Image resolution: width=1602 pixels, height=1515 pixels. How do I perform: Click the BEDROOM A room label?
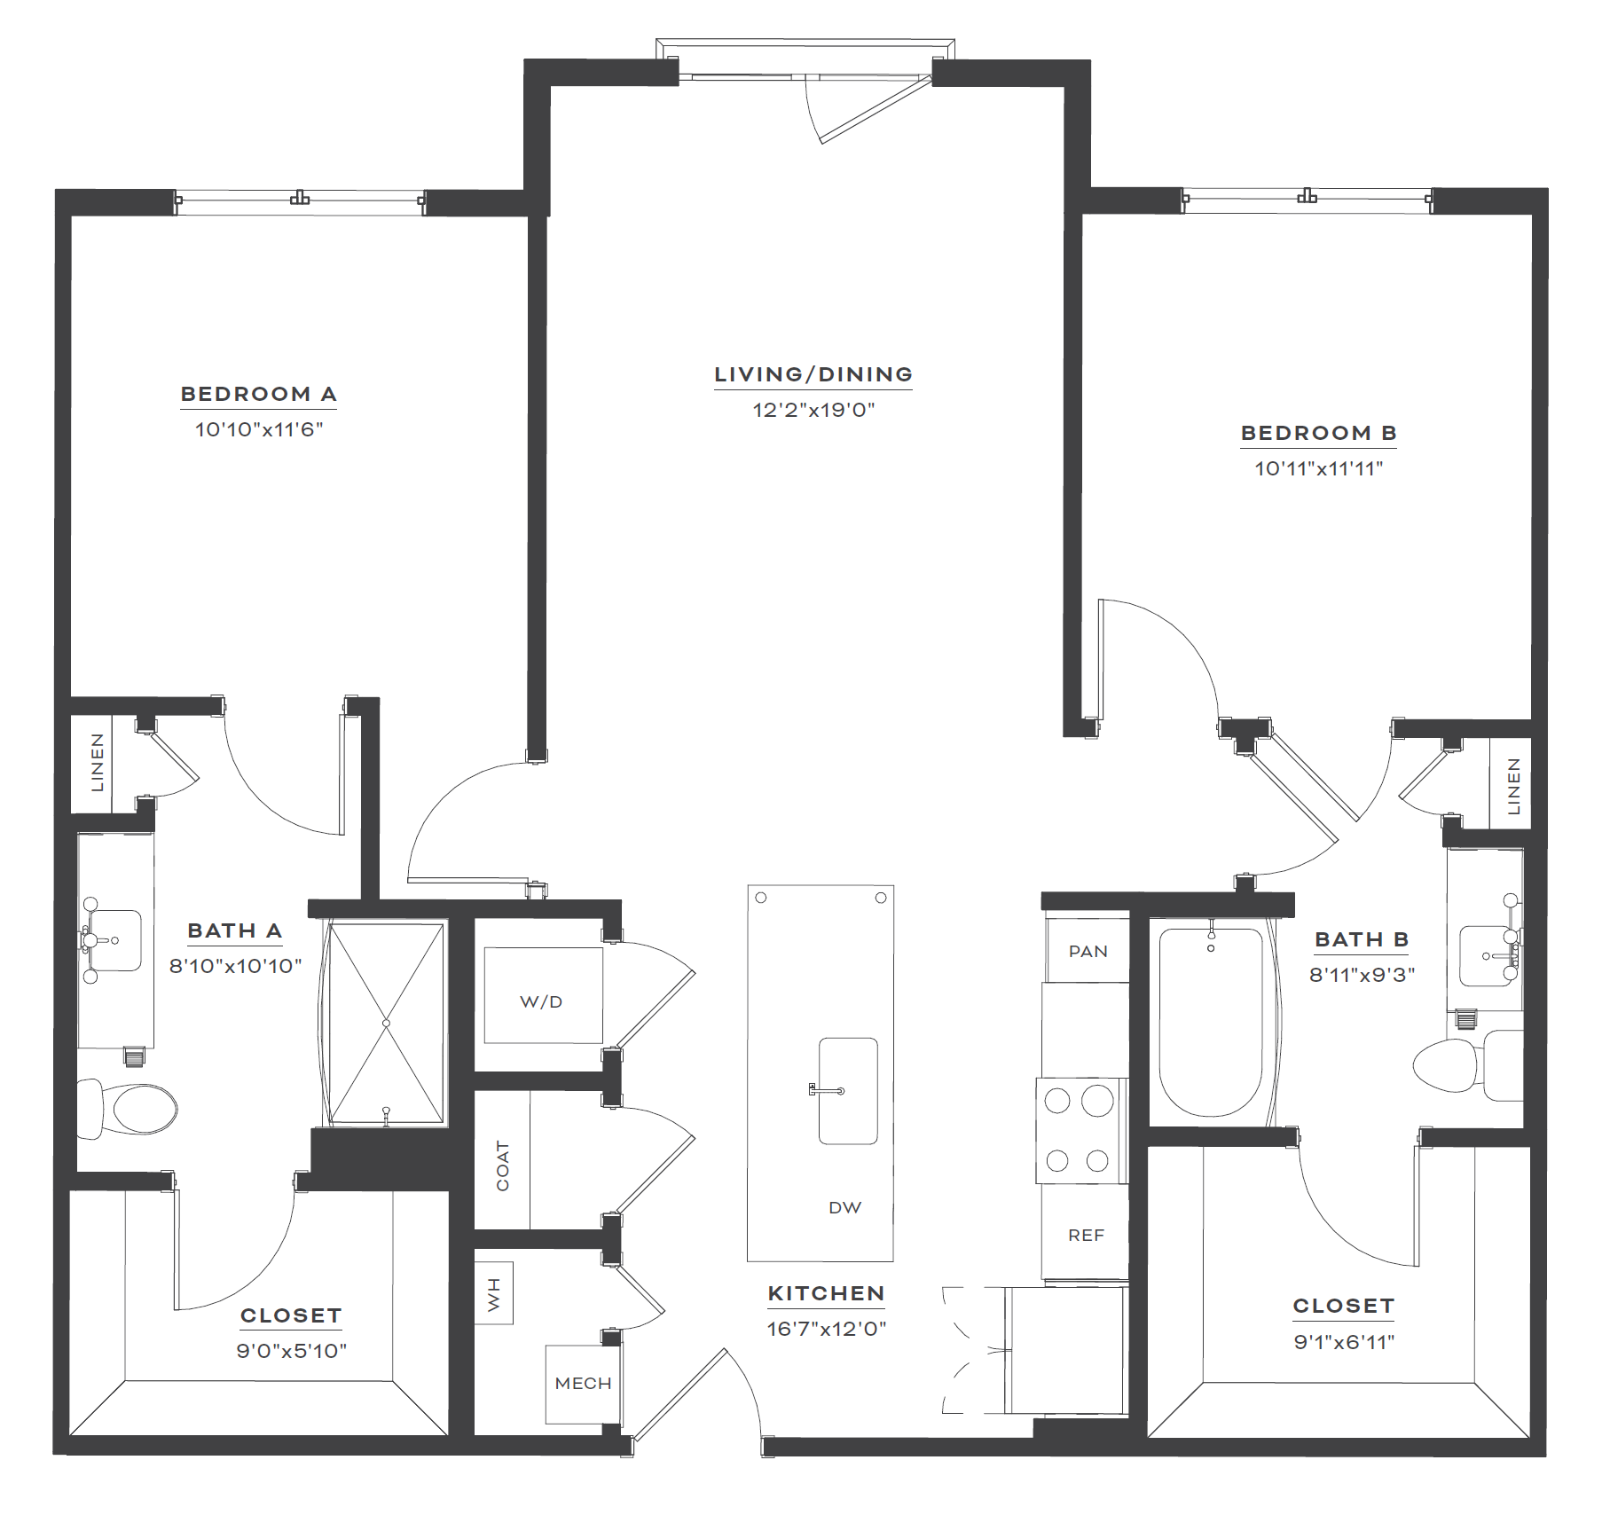(x=258, y=394)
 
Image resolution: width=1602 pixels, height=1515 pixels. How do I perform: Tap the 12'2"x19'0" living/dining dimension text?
(x=813, y=410)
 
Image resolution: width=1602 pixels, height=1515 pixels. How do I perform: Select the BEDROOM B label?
(x=1318, y=433)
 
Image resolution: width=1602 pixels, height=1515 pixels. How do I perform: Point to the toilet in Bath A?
(x=128, y=1109)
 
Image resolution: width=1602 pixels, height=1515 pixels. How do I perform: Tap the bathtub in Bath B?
(x=1211, y=1022)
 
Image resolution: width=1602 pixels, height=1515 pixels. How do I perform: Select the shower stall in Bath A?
(x=386, y=1024)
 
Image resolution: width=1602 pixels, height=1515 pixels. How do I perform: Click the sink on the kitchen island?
(x=848, y=1091)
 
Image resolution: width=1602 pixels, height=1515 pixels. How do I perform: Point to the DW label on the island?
(x=844, y=1207)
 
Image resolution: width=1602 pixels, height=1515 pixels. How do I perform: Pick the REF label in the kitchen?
(x=1086, y=1236)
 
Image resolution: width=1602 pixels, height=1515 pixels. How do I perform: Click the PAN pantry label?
(x=1088, y=952)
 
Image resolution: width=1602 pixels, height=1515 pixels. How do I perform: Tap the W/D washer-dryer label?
(x=541, y=1001)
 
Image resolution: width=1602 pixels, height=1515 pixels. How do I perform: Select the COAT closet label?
(x=503, y=1166)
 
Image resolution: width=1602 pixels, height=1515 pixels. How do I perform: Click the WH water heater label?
(x=494, y=1295)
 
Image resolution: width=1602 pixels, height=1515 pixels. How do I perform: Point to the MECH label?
(x=583, y=1383)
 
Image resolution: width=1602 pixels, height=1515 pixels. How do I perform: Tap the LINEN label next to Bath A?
(x=98, y=762)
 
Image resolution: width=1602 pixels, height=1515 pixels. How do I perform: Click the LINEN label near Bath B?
(x=1514, y=786)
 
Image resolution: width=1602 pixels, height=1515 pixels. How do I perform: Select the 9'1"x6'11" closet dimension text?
(x=1344, y=1342)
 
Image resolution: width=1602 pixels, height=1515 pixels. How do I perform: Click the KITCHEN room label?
(x=826, y=1293)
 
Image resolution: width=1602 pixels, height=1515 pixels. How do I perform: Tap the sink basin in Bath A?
(x=115, y=940)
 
